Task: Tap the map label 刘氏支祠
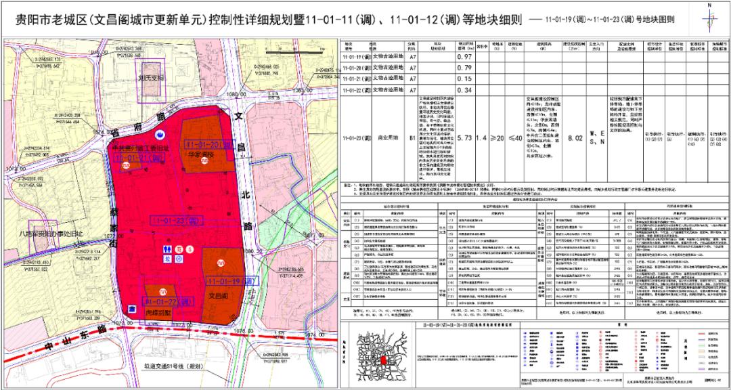[151, 78]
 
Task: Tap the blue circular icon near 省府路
[160, 136]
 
